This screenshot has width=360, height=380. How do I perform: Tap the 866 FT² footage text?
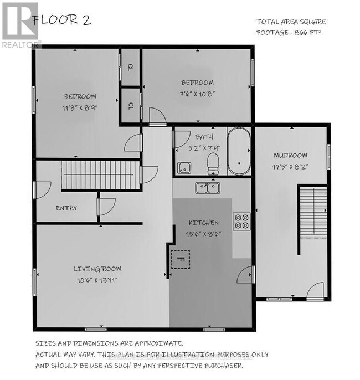pos(310,32)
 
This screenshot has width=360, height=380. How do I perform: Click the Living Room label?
pos(97,269)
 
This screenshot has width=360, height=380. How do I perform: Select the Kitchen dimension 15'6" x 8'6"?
pos(203,234)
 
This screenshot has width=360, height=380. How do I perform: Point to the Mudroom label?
pos(290,155)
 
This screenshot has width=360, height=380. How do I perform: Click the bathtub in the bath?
pos(239,151)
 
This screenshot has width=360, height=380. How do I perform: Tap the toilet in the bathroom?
pos(212,163)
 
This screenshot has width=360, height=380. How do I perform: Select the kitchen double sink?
pos(208,188)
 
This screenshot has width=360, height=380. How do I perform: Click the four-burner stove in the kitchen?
pos(242,221)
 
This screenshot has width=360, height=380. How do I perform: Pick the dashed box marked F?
pos(180,259)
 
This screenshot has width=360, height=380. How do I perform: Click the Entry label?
pos(66,208)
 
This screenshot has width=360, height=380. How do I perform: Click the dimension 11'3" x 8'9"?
pos(80,108)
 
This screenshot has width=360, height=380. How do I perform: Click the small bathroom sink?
pos(184,166)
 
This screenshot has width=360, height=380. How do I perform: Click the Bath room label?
pos(200,136)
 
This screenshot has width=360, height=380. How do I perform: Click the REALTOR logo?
pos(20,25)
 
